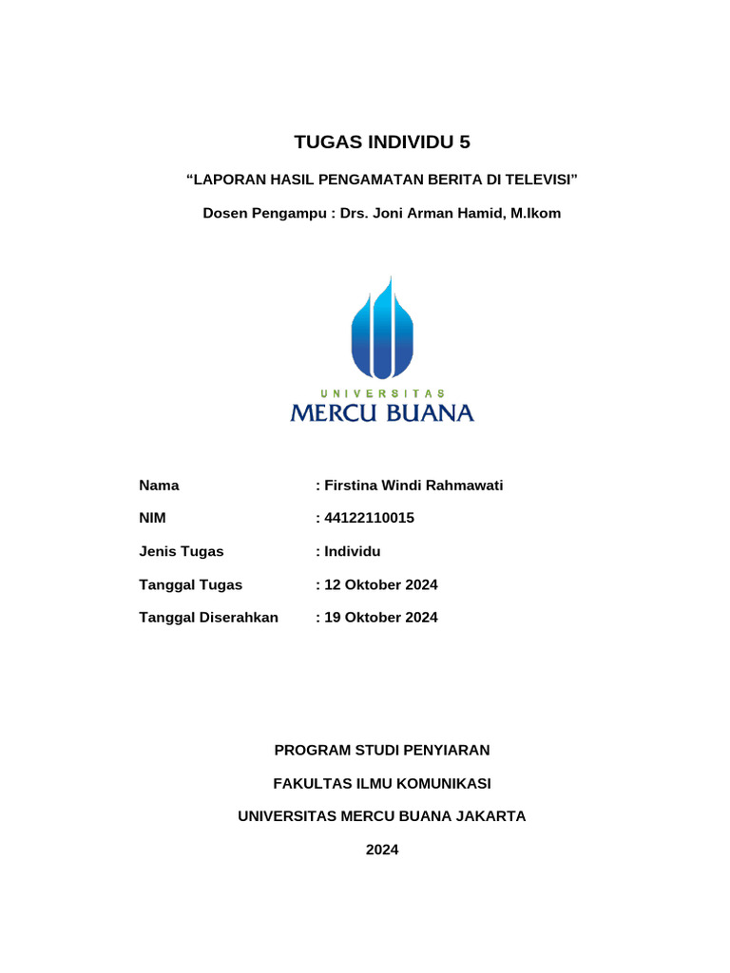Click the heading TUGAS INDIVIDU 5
tap(382, 143)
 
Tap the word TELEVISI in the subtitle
tap(541, 180)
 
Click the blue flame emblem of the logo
tap(382, 328)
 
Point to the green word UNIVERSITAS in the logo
tap(382, 392)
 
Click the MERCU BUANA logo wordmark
tap(382, 412)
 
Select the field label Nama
tap(159, 486)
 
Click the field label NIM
tap(152, 518)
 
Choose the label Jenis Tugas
tap(182, 551)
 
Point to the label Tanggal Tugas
tap(190, 584)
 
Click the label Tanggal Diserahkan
tap(208, 618)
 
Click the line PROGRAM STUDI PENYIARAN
tap(382, 751)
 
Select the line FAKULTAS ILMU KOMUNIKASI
tap(382, 784)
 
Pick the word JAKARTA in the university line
tap(490, 816)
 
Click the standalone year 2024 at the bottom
tap(382, 849)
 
